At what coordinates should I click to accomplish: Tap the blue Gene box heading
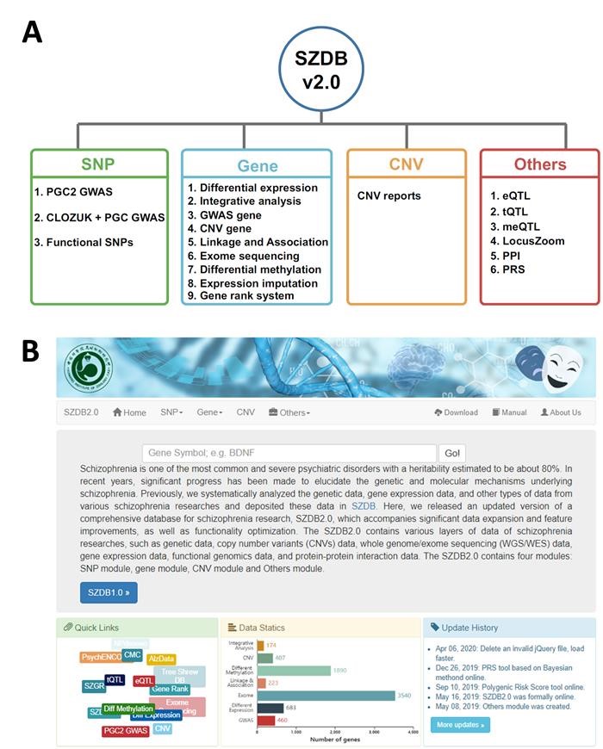(257, 165)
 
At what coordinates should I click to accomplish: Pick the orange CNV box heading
(407, 164)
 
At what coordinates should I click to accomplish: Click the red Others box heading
(540, 164)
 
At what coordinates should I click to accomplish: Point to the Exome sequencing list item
(244, 256)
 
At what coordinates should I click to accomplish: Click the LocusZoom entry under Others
(527, 241)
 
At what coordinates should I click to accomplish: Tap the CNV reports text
(389, 195)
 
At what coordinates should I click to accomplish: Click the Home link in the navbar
(129, 412)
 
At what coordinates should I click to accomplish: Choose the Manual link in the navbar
(509, 412)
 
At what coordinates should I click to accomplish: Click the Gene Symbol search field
(289, 453)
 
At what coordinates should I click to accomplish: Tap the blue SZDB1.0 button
(109, 592)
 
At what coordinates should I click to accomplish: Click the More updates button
(460, 725)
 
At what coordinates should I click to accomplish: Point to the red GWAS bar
(265, 720)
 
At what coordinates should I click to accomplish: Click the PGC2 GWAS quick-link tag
(126, 730)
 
